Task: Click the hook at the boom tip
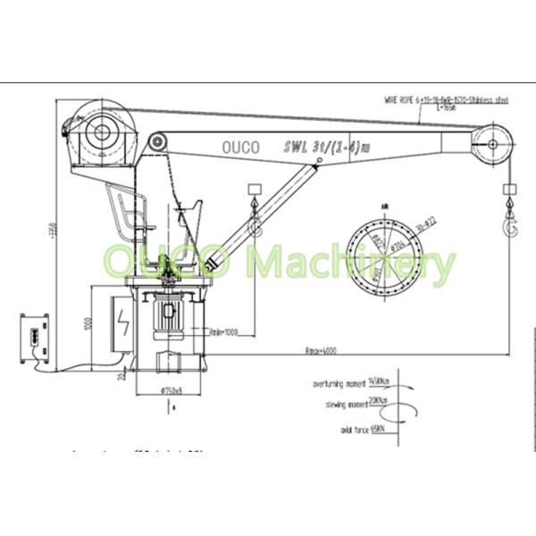click(x=511, y=222)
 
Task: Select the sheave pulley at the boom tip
click(x=492, y=138)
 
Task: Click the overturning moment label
click(x=332, y=384)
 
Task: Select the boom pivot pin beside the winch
click(x=158, y=141)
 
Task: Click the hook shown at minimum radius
click(x=254, y=222)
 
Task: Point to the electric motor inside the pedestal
click(x=168, y=316)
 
